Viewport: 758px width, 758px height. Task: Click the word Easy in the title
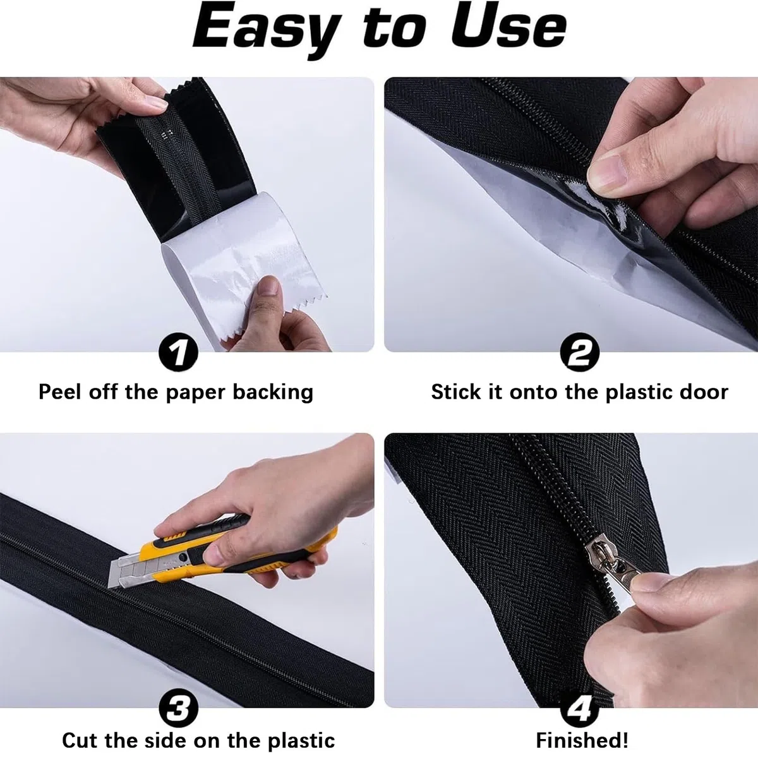(267, 30)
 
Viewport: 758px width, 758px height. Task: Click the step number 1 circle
(178, 352)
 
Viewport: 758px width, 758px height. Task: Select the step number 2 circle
(580, 352)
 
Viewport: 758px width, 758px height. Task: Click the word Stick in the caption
(456, 392)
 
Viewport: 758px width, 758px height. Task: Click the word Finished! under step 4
(582, 729)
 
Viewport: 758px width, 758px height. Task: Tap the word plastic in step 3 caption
(301, 730)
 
